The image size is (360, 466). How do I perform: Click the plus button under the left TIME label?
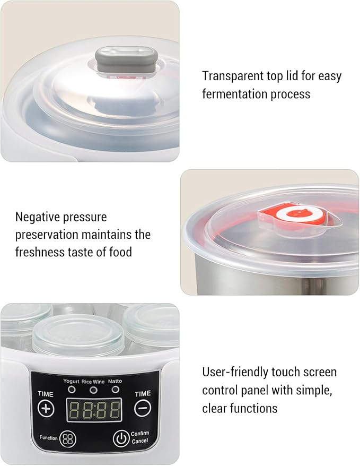point(46,409)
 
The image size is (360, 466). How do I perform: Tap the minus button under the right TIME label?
point(143,408)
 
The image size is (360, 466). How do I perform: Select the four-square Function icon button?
point(68,439)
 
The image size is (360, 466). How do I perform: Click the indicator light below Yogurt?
point(72,390)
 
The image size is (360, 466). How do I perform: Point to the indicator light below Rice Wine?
point(93,390)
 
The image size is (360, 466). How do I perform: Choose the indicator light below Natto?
point(116,390)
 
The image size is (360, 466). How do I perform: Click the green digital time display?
point(94,410)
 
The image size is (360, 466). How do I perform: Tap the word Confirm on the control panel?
point(140,434)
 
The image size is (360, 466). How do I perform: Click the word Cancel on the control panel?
point(140,441)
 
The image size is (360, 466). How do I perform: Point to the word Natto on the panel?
point(115,381)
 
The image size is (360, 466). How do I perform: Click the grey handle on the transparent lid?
point(126,60)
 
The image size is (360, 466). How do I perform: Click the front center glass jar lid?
point(78,335)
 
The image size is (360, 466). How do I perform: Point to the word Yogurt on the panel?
point(71,381)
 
